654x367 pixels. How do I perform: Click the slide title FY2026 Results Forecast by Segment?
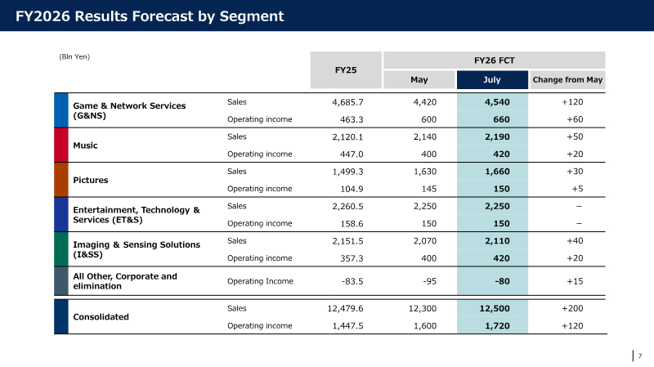[150, 16]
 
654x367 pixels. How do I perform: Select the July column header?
[492, 79]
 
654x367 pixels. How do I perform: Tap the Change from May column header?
[567, 79]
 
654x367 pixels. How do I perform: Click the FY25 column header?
[346, 70]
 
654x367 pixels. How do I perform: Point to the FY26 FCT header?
[495, 60]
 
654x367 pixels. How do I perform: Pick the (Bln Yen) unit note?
[74, 56]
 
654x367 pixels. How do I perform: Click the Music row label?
[85, 145]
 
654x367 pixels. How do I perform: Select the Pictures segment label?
[91, 180]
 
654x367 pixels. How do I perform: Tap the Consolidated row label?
[101, 317]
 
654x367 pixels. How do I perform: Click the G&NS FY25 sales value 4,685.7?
[347, 102]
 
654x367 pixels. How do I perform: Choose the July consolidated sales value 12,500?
[495, 309]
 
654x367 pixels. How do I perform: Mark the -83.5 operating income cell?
[352, 281]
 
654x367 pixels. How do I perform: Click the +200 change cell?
[572, 309]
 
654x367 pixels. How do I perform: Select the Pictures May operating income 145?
[428, 189]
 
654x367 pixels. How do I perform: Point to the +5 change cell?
[577, 189]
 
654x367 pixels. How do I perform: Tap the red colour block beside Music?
[60, 145]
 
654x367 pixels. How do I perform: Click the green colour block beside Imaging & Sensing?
[60, 249]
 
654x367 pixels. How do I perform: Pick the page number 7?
[640, 356]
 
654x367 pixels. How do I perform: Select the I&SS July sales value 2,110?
[497, 241]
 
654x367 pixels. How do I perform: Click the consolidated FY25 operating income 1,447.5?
[347, 326]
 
